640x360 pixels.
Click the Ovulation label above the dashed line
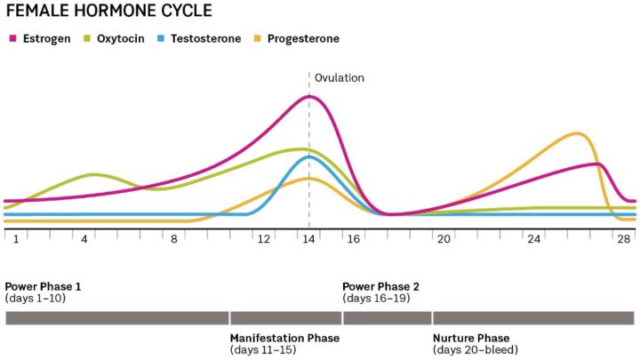pos(340,77)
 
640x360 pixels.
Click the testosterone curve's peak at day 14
pos(308,157)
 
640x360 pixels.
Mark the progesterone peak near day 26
pos(577,134)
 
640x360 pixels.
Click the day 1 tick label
pos(16,239)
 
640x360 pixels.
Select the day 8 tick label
pos(174,239)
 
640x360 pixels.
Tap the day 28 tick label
pos(624,239)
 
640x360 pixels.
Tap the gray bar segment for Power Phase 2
pos(387,317)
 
